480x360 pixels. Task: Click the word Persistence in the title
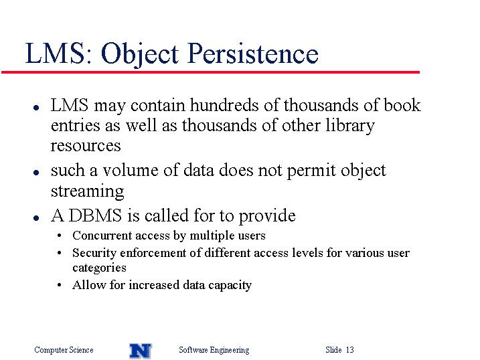[253, 54]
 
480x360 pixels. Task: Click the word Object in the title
[140, 54]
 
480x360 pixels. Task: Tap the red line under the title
[210, 72]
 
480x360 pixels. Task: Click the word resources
[86, 146]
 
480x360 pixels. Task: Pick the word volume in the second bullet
[131, 170]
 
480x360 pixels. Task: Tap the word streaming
[87, 192]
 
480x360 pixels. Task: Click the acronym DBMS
[95, 215]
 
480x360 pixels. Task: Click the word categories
[99, 268]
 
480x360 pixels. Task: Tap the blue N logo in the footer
[141, 351]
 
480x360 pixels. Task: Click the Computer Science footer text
[64, 350]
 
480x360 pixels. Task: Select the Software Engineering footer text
[214, 350]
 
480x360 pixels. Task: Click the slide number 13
[350, 349]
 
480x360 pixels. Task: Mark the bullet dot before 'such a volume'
[36, 173]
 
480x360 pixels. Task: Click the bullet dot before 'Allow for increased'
[60, 285]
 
